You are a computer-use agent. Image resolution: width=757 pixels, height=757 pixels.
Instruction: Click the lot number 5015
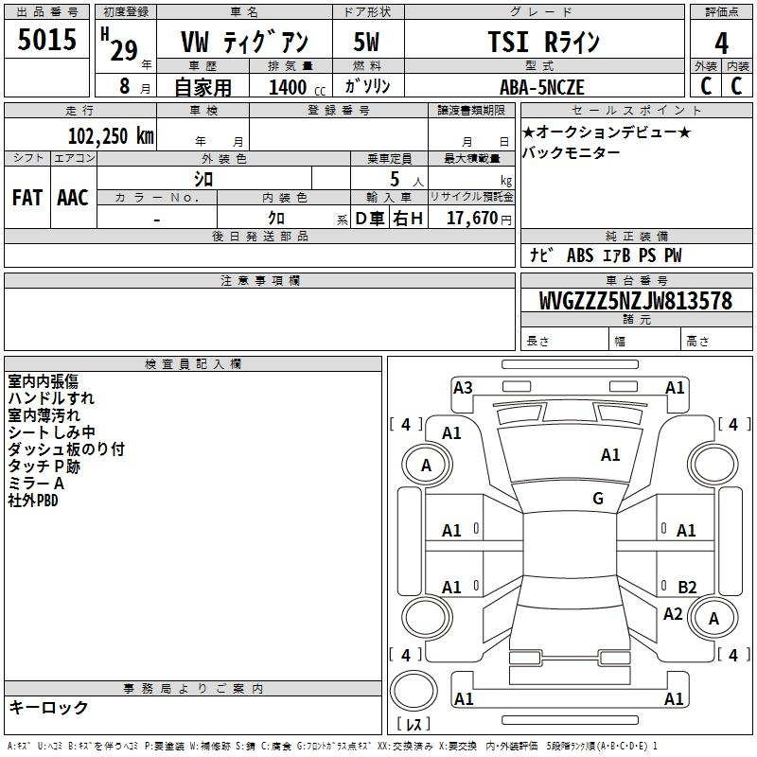tap(46, 40)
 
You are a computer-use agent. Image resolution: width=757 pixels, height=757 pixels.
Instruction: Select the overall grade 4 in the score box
tap(721, 44)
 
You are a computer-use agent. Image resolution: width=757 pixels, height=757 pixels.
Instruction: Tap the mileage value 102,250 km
tap(111, 136)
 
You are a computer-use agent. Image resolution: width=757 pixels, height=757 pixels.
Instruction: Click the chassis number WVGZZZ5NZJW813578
tap(635, 301)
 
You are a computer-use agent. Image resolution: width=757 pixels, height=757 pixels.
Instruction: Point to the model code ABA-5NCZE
tap(541, 87)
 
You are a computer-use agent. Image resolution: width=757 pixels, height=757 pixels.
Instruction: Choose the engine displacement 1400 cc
tap(297, 87)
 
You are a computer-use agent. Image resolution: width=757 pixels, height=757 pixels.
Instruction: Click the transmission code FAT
tap(27, 198)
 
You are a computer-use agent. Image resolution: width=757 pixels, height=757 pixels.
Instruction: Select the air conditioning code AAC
tap(73, 198)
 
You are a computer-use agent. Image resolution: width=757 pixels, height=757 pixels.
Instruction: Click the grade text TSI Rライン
tap(543, 42)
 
